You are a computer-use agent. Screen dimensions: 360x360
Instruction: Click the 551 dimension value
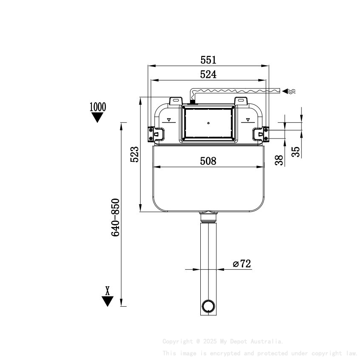pos(208,60)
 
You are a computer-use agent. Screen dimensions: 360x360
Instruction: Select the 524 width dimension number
pos(208,75)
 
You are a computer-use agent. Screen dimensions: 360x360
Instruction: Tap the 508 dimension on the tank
pos(208,161)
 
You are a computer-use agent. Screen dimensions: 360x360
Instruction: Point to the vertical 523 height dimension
pos(134,155)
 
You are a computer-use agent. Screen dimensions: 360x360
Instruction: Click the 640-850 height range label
pos(116,217)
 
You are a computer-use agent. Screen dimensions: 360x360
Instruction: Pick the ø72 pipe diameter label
pos(242,264)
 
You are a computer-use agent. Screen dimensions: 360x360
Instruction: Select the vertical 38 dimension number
pos(278,160)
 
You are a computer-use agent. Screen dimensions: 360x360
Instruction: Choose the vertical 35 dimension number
pos(296,152)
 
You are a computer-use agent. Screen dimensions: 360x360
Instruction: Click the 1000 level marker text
pos(98,106)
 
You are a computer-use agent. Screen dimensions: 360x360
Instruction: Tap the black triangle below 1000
pos(98,118)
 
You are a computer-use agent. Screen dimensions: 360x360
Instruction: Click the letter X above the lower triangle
pos(108,291)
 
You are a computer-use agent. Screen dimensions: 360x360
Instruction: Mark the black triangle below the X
pos(108,301)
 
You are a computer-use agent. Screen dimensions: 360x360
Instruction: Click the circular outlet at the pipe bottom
pos(208,305)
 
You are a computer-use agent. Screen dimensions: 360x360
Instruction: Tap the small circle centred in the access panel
pos(208,123)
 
